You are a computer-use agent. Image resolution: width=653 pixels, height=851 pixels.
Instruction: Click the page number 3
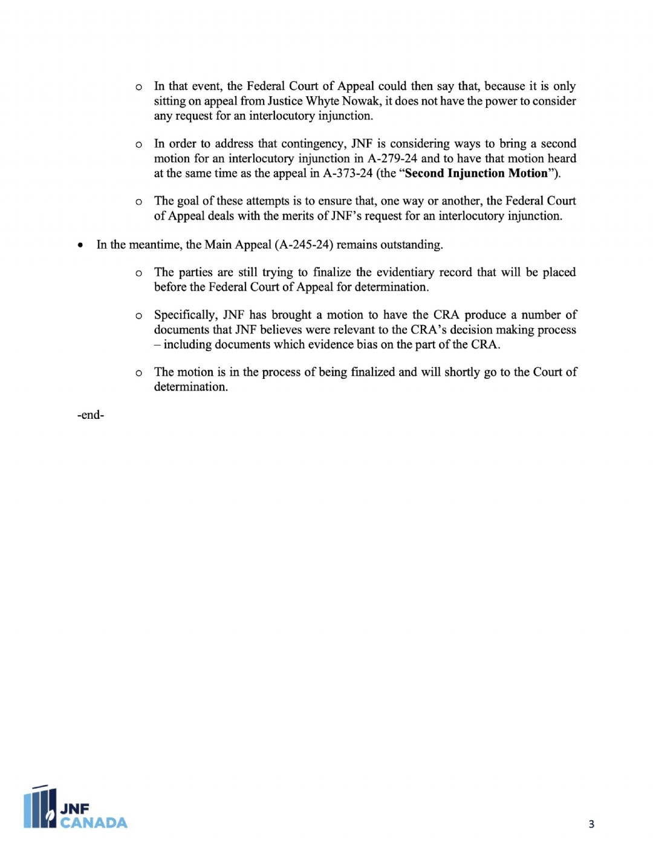pyautogui.click(x=591, y=824)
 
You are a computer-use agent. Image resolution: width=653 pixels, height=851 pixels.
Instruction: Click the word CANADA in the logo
pyautogui.click(x=94, y=823)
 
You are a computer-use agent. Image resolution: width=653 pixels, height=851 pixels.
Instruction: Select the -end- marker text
pyautogui.click(x=91, y=415)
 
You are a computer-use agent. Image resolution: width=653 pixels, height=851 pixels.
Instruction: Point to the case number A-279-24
pyautogui.click(x=392, y=159)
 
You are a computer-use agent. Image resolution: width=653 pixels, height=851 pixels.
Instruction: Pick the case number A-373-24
pyautogui.click(x=348, y=174)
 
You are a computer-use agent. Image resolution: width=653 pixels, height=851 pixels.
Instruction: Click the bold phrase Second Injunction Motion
pyautogui.click(x=476, y=174)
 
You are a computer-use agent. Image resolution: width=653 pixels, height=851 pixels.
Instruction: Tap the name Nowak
pyautogui.click(x=361, y=101)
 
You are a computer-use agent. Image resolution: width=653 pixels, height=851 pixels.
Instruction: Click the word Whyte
pyautogui.click(x=323, y=101)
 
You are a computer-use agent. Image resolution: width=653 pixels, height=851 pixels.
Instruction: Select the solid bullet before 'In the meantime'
pyautogui.click(x=80, y=245)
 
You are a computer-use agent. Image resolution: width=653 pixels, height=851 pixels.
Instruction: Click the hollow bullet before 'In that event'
pyautogui.click(x=139, y=87)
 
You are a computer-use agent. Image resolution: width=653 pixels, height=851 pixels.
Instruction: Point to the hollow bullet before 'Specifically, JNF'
pyautogui.click(x=139, y=316)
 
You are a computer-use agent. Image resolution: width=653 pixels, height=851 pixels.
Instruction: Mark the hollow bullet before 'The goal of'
pyautogui.click(x=139, y=202)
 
